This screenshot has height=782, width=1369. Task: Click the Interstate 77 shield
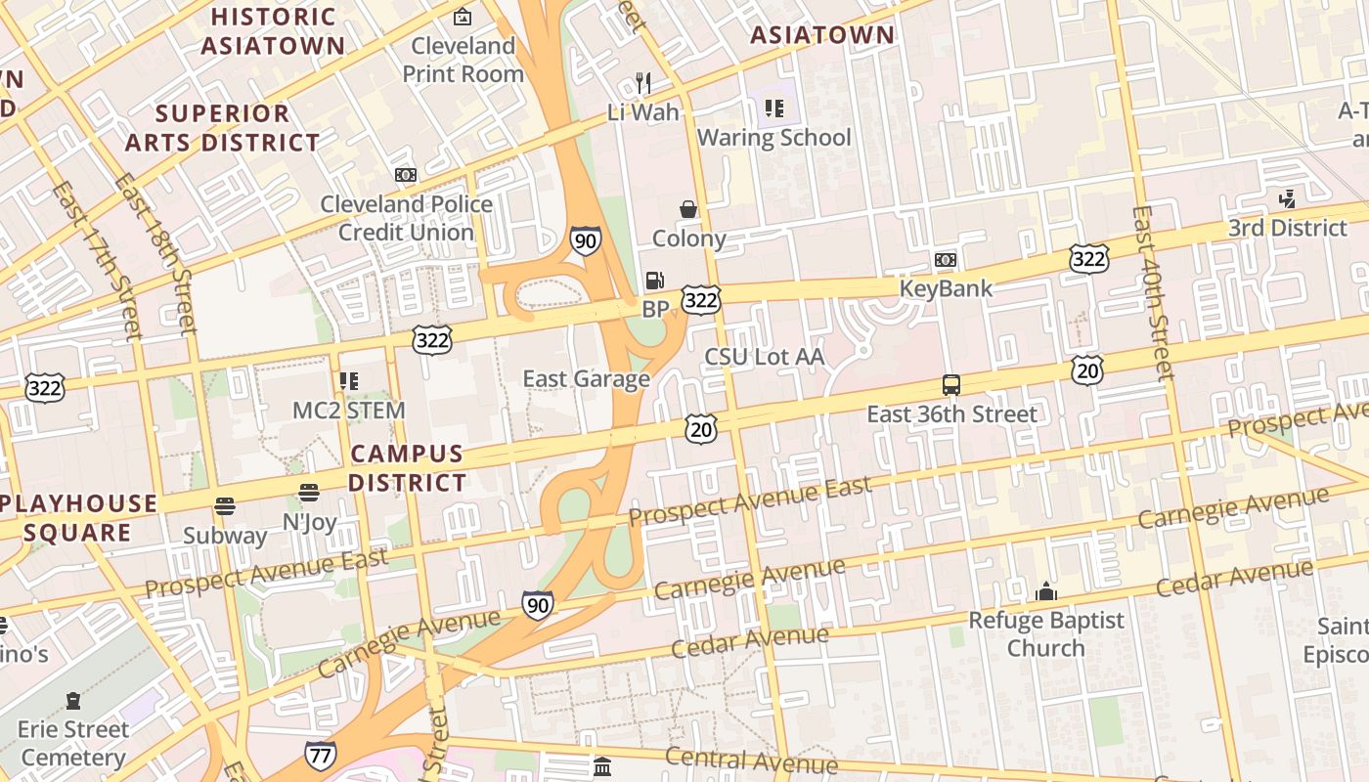pos(320,755)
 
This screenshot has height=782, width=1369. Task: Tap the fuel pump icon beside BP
pos(653,281)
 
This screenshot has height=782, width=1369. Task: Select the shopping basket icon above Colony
pos(688,208)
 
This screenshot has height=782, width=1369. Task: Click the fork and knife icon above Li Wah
pos(642,83)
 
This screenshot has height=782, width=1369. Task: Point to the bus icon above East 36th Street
pos(950,385)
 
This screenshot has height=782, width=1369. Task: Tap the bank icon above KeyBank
pos(945,260)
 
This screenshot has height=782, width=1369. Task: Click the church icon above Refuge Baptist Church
pos(1046,591)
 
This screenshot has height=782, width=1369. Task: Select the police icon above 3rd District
pos(1287,199)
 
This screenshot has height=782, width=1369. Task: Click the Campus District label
pos(407,468)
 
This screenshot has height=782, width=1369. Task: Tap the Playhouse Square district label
pos(78,518)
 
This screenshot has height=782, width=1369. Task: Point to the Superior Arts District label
pos(222,128)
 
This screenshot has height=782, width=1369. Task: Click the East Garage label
pos(586,379)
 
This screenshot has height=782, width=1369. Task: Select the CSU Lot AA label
pos(765,357)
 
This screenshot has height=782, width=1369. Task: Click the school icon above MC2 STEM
pos(348,381)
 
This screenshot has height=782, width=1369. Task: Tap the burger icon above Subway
pos(225,506)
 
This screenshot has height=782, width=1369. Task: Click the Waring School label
pos(773,138)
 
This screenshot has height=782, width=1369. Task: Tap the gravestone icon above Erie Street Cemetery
pos(73,701)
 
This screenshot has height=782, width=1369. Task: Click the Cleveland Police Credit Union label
pos(406,218)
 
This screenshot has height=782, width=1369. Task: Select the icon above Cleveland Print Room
pos(462,17)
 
